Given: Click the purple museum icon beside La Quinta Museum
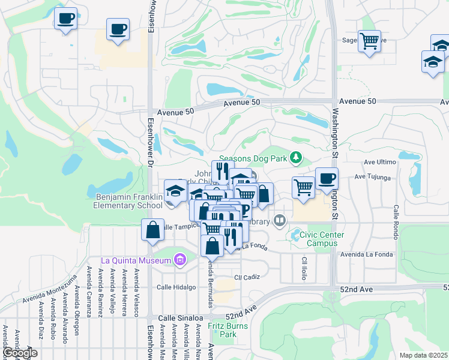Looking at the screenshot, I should (178, 260).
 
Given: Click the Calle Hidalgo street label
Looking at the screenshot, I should (176, 287).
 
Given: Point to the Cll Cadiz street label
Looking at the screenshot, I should (246, 277).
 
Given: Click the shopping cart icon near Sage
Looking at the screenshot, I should (369, 42).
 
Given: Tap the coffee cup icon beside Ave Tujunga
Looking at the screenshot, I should (327, 178).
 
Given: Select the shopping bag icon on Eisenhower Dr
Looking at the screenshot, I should (152, 229).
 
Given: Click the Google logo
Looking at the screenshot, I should (20, 353).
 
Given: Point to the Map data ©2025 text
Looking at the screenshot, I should (423, 355).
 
